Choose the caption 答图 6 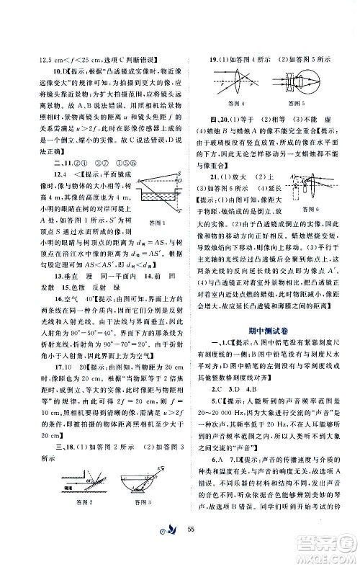pyautogui.click(x=315, y=248)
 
